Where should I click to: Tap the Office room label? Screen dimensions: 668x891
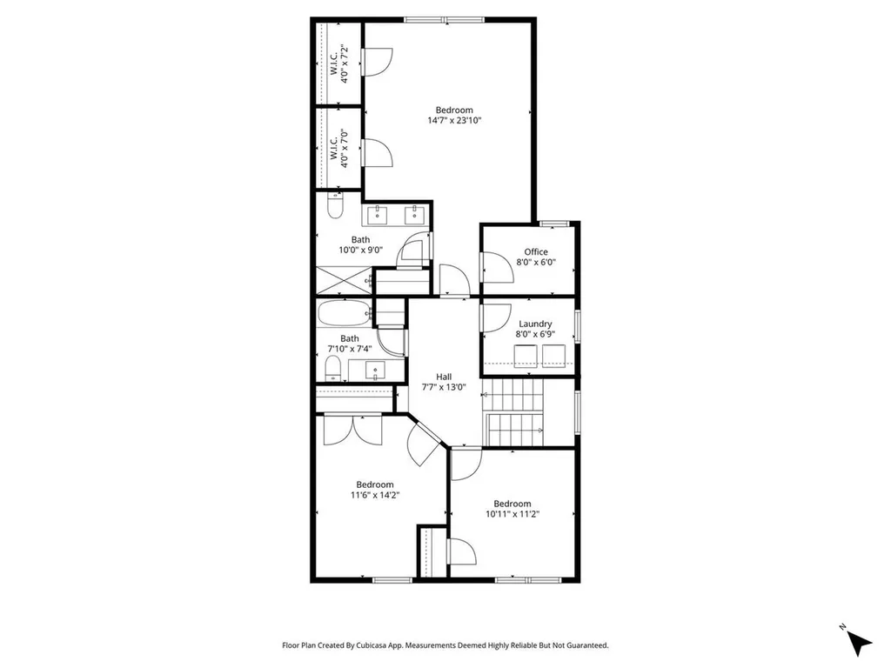click(536, 252)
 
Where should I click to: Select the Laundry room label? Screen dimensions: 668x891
click(536, 324)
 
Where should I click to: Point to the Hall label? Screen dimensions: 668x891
click(444, 377)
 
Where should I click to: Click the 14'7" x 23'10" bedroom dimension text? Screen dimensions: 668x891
click(454, 121)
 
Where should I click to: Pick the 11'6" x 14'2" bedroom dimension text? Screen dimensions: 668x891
click(374, 495)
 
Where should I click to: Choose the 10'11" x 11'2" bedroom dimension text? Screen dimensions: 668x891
click(512, 514)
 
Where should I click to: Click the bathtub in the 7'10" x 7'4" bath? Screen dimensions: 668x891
click(342, 313)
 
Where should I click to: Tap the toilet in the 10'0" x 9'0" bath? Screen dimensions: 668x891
click(336, 207)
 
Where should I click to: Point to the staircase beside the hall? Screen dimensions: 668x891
click(516, 413)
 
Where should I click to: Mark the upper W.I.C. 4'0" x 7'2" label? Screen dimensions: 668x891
click(338, 63)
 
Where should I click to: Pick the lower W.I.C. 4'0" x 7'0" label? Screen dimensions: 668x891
click(338, 148)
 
